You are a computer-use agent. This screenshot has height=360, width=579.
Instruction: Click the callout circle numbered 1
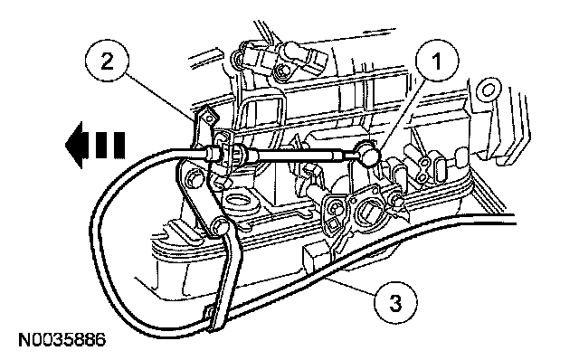point(437,62)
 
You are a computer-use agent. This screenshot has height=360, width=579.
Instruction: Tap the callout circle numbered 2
point(107,62)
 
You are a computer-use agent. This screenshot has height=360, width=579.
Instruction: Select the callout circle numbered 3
point(395,303)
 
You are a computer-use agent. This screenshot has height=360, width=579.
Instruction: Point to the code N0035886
point(62,340)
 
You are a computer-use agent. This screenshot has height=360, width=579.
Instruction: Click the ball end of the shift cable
point(365,153)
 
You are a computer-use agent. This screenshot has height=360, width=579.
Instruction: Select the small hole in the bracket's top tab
point(209,118)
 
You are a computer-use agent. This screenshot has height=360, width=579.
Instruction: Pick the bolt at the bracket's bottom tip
point(220,227)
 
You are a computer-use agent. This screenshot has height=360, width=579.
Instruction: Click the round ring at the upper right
point(487,90)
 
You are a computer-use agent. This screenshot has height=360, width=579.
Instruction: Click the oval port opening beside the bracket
point(240,203)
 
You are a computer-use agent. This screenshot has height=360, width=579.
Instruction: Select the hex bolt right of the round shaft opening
point(396,200)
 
